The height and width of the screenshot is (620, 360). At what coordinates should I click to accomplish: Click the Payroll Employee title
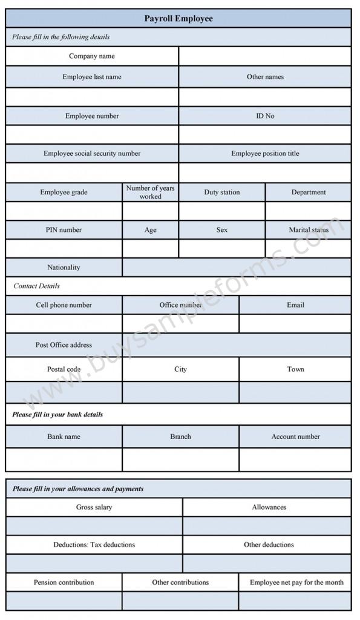178,19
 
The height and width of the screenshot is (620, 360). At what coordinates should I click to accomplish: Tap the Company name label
92,56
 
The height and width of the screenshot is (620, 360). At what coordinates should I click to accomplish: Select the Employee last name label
92,77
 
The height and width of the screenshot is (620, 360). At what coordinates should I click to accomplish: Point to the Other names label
265,77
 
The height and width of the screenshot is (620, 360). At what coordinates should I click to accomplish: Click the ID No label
265,116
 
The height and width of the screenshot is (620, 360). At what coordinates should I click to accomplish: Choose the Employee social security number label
92,153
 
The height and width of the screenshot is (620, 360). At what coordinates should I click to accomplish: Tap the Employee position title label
265,153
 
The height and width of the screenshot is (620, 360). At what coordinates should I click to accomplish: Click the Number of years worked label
150,192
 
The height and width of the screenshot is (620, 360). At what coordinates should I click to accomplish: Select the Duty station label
222,192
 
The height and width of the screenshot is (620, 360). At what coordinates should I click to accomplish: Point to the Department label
309,192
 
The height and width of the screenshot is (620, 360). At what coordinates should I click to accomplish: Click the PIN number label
64,229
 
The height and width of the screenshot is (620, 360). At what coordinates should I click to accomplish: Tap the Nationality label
64,267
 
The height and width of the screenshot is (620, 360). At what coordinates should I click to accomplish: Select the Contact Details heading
36,286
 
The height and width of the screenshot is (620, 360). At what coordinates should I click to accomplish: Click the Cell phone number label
64,305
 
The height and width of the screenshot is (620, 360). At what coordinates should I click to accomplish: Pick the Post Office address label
64,345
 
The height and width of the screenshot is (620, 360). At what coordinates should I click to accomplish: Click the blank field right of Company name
265,56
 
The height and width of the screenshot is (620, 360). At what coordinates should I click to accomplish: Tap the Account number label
295,436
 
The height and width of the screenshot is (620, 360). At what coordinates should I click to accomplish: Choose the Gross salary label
94,507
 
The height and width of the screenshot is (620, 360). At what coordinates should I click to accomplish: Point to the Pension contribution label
64,582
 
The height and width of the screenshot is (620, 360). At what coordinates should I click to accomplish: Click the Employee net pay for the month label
296,582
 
